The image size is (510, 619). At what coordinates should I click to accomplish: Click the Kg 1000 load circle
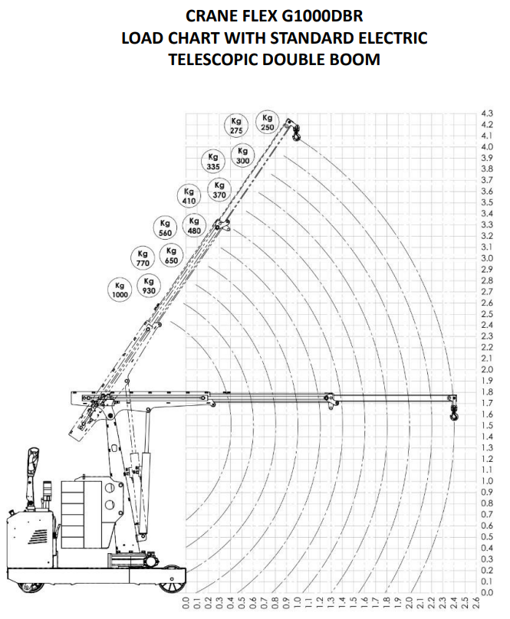point(120,290)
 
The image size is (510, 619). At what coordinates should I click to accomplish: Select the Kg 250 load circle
point(267,123)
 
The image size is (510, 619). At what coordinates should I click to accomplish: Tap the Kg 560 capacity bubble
point(165,228)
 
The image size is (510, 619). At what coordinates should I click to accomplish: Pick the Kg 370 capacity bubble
point(219,190)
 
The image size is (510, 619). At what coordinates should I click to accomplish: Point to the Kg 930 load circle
point(149,286)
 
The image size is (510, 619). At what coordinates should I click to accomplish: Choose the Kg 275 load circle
point(236,126)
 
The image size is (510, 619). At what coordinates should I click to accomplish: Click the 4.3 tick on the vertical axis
point(487,113)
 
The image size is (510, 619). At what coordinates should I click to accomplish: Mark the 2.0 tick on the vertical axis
point(487,369)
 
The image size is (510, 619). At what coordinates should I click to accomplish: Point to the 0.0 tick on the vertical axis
point(487,592)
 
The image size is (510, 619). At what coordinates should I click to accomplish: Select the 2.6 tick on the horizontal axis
point(476,604)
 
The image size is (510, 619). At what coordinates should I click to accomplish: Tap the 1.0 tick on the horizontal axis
point(298,604)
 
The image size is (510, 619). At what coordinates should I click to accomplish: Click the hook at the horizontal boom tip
point(454,414)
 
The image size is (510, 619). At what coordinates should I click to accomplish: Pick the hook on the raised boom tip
point(297,133)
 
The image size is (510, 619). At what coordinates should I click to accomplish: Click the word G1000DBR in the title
point(322,16)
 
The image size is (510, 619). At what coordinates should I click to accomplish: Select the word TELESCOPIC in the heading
point(213,59)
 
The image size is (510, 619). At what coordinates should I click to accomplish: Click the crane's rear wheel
point(31,586)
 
